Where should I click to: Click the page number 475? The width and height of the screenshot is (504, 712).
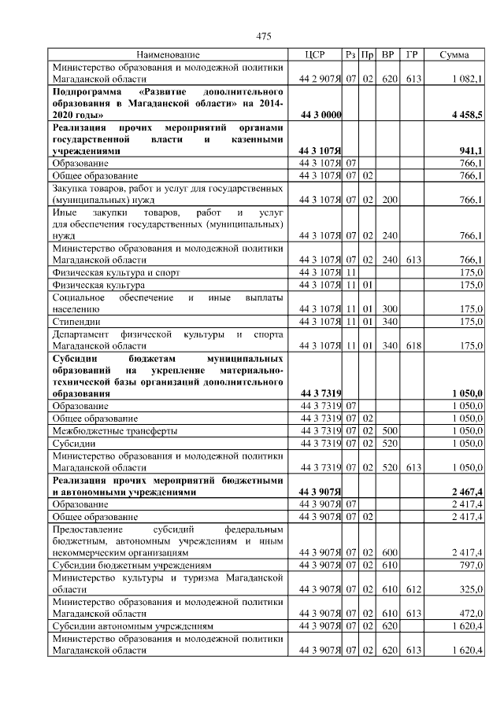[x=264, y=35]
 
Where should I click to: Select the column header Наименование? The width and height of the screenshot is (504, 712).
[x=168, y=55]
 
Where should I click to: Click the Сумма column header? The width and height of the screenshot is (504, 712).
[x=454, y=55]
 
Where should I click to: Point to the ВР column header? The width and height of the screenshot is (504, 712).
[x=387, y=55]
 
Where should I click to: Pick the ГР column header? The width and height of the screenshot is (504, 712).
[x=411, y=55]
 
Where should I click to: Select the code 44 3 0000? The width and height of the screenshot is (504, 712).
[x=321, y=116]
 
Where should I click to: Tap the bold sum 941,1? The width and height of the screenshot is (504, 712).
[x=471, y=151]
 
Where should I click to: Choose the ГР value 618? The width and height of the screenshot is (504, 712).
[x=411, y=345]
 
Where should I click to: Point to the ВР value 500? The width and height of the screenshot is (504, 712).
[x=387, y=431]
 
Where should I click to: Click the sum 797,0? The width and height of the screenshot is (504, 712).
[x=471, y=565]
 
